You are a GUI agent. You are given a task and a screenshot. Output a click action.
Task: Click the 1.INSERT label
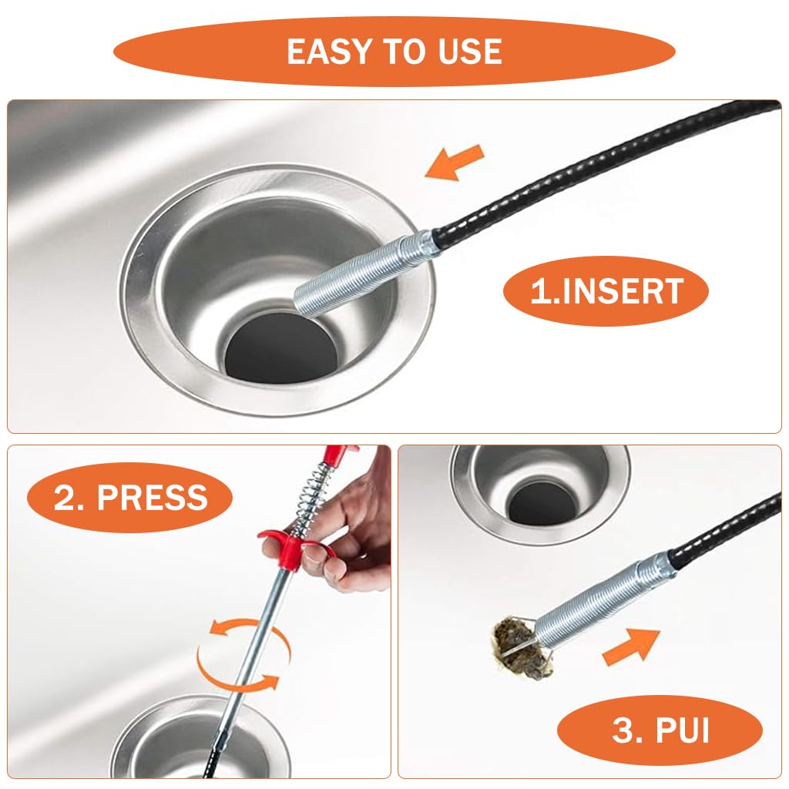click(x=606, y=291)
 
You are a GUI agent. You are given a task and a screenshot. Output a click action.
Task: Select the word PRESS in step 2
click(x=153, y=498)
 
